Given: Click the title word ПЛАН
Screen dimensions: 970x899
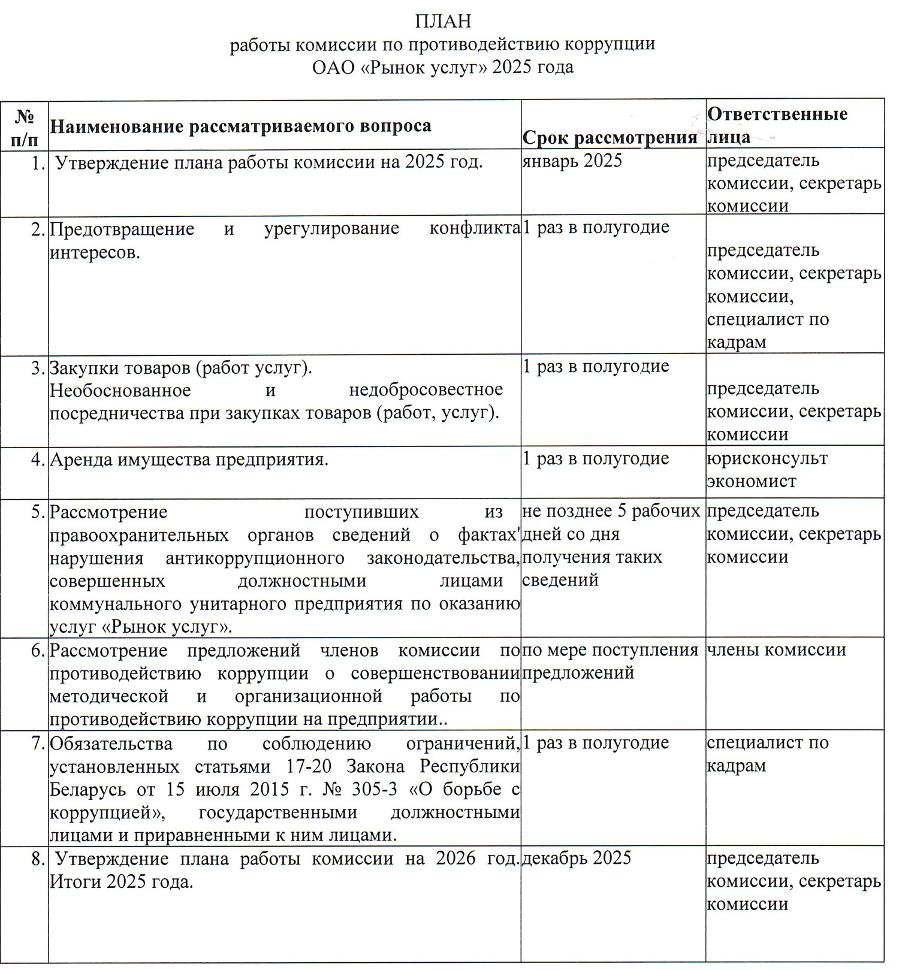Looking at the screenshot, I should [x=443, y=22].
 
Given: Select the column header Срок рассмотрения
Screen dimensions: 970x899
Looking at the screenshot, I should [x=610, y=138].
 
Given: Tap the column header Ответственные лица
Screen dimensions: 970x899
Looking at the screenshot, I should [x=777, y=125].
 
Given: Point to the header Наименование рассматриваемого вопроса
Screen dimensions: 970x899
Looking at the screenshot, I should [x=240, y=126].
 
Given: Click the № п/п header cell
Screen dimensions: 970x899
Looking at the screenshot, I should [x=24, y=128].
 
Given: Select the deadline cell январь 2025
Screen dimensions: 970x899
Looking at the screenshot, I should [x=572, y=161].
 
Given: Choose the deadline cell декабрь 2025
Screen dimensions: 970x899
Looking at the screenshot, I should [x=577, y=858].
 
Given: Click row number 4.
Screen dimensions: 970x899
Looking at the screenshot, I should [x=38, y=460].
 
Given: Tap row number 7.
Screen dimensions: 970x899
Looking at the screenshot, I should [x=38, y=744].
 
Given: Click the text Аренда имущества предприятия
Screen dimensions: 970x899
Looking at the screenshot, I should [x=189, y=460].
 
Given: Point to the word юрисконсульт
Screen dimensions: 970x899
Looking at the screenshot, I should [x=767, y=459].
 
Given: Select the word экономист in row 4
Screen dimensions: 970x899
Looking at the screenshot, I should [x=752, y=482].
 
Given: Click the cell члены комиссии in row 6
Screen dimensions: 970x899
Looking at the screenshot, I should [x=776, y=650].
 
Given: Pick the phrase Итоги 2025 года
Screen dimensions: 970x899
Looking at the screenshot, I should [x=121, y=882].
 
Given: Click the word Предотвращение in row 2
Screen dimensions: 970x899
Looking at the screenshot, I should [x=122, y=229].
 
